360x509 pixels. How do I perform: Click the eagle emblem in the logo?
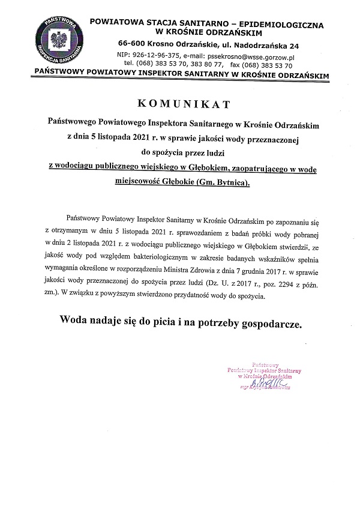[60, 42]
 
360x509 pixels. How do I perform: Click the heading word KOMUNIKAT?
[180, 104]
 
